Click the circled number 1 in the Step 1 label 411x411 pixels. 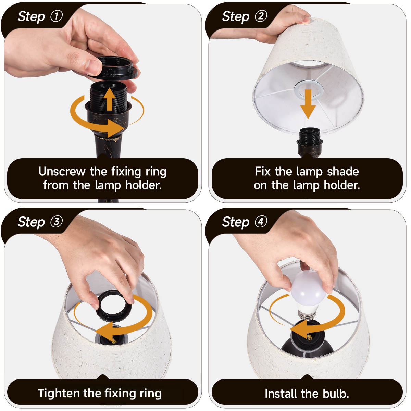point(57,16)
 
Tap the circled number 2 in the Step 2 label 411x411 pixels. point(261,16)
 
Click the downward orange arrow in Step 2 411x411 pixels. point(308,104)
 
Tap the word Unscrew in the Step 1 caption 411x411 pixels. point(62,172)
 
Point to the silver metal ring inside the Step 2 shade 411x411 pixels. point(308,90)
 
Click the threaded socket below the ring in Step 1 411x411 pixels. point(109,96)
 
